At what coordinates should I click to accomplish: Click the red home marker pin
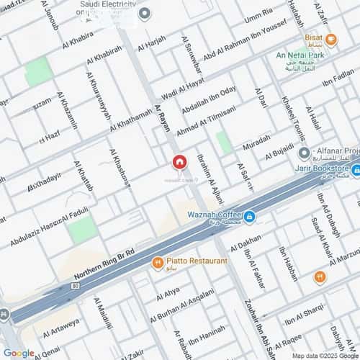[179, 162]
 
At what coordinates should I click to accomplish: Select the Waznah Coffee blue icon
[248, 216]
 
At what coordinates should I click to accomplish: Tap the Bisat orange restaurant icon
[331, 39]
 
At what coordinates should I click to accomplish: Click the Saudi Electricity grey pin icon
[144, 13]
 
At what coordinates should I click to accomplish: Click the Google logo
[19, 352]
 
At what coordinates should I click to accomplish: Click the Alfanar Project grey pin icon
[304, 152]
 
